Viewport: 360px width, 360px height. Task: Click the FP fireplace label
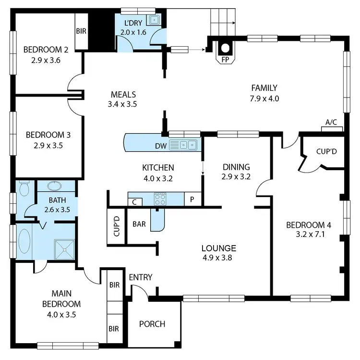click(x=225, y=61)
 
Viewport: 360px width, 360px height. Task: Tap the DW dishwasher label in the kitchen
click(x=160, y=145)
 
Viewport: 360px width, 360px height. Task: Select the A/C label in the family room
click(x=331, y=123)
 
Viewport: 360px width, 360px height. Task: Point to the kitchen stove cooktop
click(x=160, y=199)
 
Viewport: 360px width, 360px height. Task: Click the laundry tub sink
click(x=154, y=21)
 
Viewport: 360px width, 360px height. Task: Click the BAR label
click(x=139, y=224)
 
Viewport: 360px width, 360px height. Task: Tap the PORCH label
click(x=152, y=324)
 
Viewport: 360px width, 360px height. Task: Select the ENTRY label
click(x=141, y=277)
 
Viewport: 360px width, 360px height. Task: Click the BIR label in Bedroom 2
click(x=81, y=31)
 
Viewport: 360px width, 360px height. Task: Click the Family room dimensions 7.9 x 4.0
click(x=264, y=98)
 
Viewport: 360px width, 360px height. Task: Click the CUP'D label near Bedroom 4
click(x=326, y=151)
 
